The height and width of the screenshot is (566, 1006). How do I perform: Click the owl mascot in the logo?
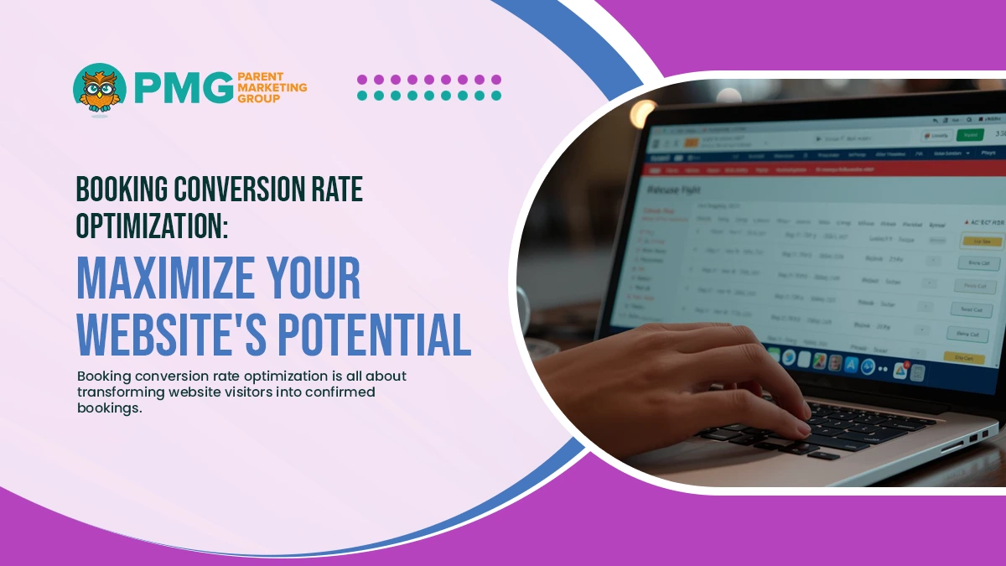[x=100, y=89]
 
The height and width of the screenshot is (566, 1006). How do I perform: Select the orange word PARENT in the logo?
[x=262, y=75]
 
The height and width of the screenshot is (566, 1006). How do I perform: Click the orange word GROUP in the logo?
[x=257, y=98]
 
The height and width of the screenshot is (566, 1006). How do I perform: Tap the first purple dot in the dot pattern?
[x=362, y=80]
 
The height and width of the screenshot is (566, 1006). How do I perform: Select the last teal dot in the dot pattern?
[x=496, y=96]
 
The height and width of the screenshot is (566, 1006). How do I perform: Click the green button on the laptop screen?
[x=970, y=134]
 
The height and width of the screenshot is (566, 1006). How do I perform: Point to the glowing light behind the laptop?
[x=643, y=112]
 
